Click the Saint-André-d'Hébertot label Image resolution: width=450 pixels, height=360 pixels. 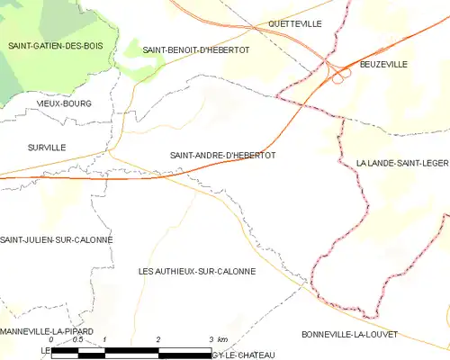tap(222, 155)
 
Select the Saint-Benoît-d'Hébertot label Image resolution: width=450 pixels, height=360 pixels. tap(196, 49)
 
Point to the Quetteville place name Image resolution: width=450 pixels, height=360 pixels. tap(295, 24)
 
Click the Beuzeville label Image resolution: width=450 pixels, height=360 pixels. tap(383, 64)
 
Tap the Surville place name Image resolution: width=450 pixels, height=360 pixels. tap(47, 147)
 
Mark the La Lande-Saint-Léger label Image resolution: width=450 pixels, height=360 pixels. tap(402, 162)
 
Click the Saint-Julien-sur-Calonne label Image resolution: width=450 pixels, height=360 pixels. tap(57, 239)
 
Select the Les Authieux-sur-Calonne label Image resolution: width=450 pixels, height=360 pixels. tap(197, 271)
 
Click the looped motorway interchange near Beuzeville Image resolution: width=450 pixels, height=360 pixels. tap(338, 77)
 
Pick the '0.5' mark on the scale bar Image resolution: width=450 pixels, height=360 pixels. tap(77, 339)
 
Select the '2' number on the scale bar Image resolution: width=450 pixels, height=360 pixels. tap(158, 339)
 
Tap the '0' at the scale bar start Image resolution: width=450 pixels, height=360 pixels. tap(51, 339)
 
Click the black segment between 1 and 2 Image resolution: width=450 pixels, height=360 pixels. tap(131, 350)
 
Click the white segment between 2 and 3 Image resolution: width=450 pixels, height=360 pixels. tap(184, 350)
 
